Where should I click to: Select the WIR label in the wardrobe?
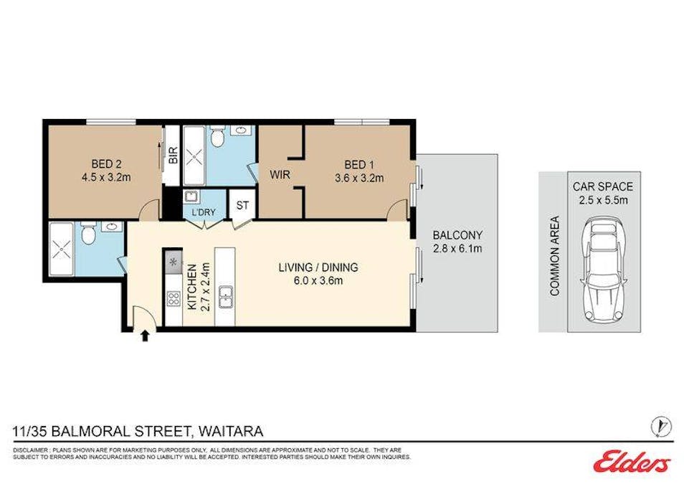[280, 174]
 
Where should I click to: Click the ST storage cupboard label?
[242, 205]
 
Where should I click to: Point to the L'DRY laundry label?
[199, 212]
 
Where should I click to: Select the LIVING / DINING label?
[318, 267]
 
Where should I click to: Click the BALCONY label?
[457, 234]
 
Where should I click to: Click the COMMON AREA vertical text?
[554, 256]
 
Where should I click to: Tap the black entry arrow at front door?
[146, 334]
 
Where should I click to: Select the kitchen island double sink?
[225, 295]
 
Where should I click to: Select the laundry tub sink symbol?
[191, 197]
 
